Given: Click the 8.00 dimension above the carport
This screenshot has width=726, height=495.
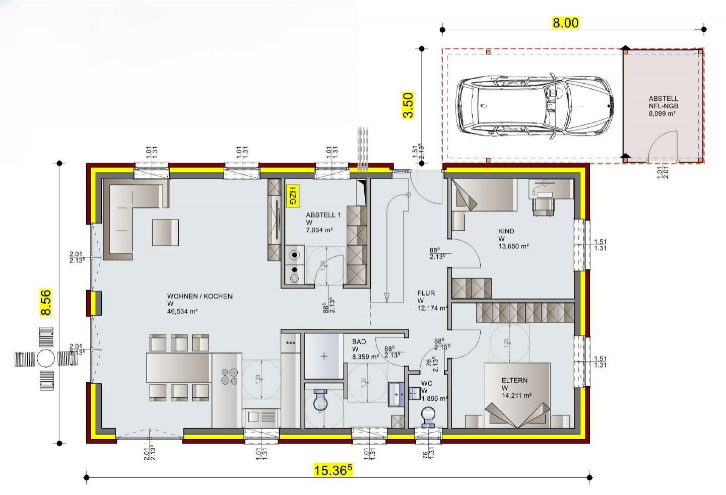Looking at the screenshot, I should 566,23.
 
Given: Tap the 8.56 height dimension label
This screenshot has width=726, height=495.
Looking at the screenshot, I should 46,302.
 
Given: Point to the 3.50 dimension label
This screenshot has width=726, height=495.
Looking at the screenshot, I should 408,105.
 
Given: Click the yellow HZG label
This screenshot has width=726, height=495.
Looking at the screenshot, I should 292,196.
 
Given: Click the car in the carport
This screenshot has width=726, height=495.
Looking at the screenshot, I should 536,106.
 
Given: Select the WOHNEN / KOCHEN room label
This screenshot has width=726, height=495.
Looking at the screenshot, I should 200,297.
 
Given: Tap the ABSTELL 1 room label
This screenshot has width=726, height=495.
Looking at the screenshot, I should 323,215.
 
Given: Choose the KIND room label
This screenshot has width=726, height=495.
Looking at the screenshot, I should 506,231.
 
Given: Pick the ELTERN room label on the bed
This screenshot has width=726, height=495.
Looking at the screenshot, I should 514,381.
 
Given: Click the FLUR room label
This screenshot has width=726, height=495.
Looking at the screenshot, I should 426,293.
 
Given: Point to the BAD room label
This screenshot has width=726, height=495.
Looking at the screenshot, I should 359,342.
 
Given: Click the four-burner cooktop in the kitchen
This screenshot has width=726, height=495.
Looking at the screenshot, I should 229,377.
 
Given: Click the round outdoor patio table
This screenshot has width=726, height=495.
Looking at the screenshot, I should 46,359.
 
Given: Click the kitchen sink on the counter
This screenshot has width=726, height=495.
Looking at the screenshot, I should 260,417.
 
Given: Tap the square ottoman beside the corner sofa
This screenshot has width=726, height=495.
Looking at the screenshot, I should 166,232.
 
